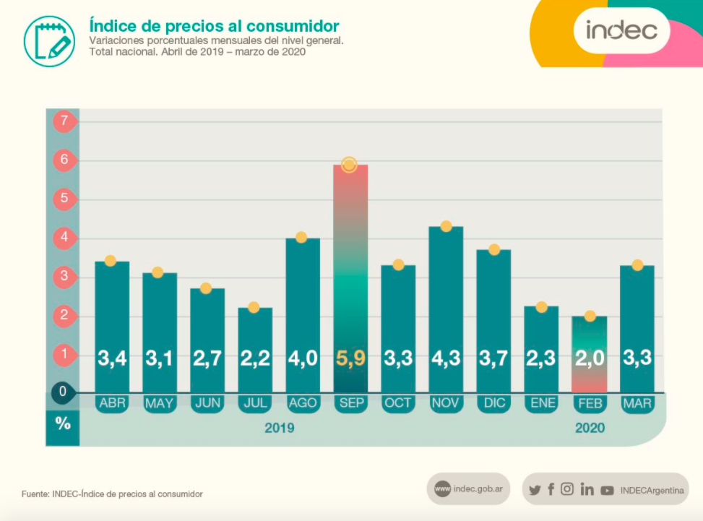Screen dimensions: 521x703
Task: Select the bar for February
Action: click(x=590, y=354)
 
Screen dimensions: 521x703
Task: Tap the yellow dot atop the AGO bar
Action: click(x=301, y=237)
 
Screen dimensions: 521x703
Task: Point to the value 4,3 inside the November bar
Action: click(x=446, y=358)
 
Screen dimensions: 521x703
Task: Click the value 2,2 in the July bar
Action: click(x=255, y=358)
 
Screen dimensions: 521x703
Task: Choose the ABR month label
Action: click(x=112, y=403)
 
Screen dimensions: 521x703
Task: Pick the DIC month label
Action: click(x=493, y=403)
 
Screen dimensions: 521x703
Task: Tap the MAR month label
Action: click(x=637, y=403)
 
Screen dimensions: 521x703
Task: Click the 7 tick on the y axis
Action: click(x=64, y=121)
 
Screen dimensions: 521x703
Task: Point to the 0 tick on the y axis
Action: click(x=64, y=392)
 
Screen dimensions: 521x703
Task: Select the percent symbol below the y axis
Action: click(x=64, y=424)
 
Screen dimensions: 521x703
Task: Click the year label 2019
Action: click(x=279, y=429)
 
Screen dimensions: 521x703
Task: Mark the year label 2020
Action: click(x=590, y=429)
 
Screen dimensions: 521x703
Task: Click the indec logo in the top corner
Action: click(x=621, y=30)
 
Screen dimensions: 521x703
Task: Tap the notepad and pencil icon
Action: click(x=49, y=38)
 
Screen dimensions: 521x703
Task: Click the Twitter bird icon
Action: click(x=535, y=490)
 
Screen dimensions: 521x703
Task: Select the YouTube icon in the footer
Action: click(x=607, y=490)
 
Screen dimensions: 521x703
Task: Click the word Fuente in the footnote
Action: click(x=35, y=494)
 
